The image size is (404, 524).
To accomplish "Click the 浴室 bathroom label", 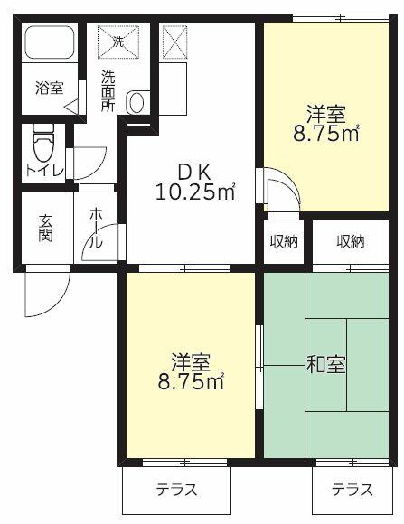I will [x=49, y=88].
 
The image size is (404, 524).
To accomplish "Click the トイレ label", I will [x=42, y=169].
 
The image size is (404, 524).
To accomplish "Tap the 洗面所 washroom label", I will [x=108, y=89].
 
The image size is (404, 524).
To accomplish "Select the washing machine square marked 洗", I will [x=117, y=42].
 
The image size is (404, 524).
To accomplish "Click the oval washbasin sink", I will [x=136, y=102].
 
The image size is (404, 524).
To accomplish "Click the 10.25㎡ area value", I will [x=194, y=191].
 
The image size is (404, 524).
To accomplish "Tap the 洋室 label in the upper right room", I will [x=325, y=115].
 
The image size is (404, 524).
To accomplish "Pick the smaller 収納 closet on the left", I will [x=282, y=241].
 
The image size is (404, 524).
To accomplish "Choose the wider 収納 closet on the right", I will [x=351, y=241].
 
